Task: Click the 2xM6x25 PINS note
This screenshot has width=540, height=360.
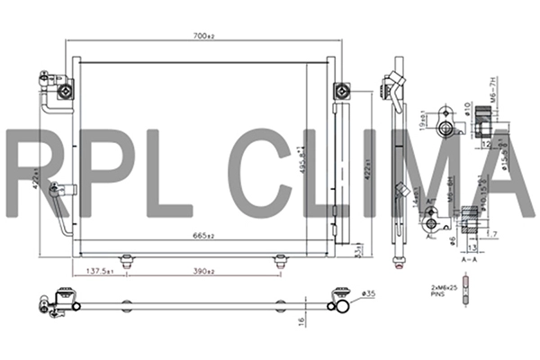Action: [447, 289]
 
